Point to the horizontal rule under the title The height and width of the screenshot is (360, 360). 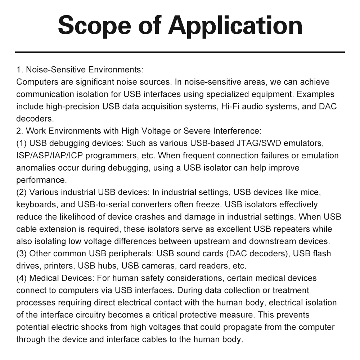coord(180,52)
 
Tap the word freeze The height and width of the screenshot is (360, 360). coord(209,204)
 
